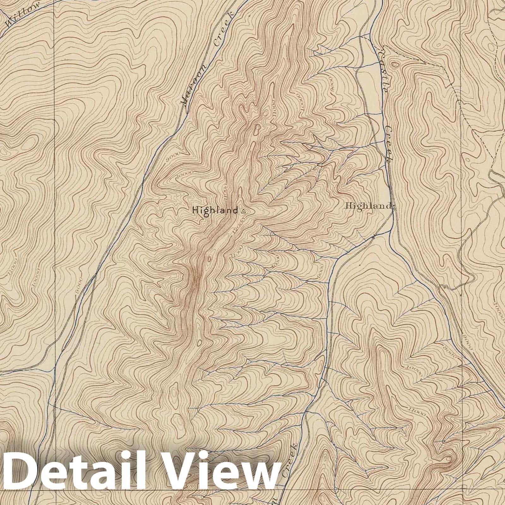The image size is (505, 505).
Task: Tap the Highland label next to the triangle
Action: coord(215,211)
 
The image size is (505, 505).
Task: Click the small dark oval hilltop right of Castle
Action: coord(395,65)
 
